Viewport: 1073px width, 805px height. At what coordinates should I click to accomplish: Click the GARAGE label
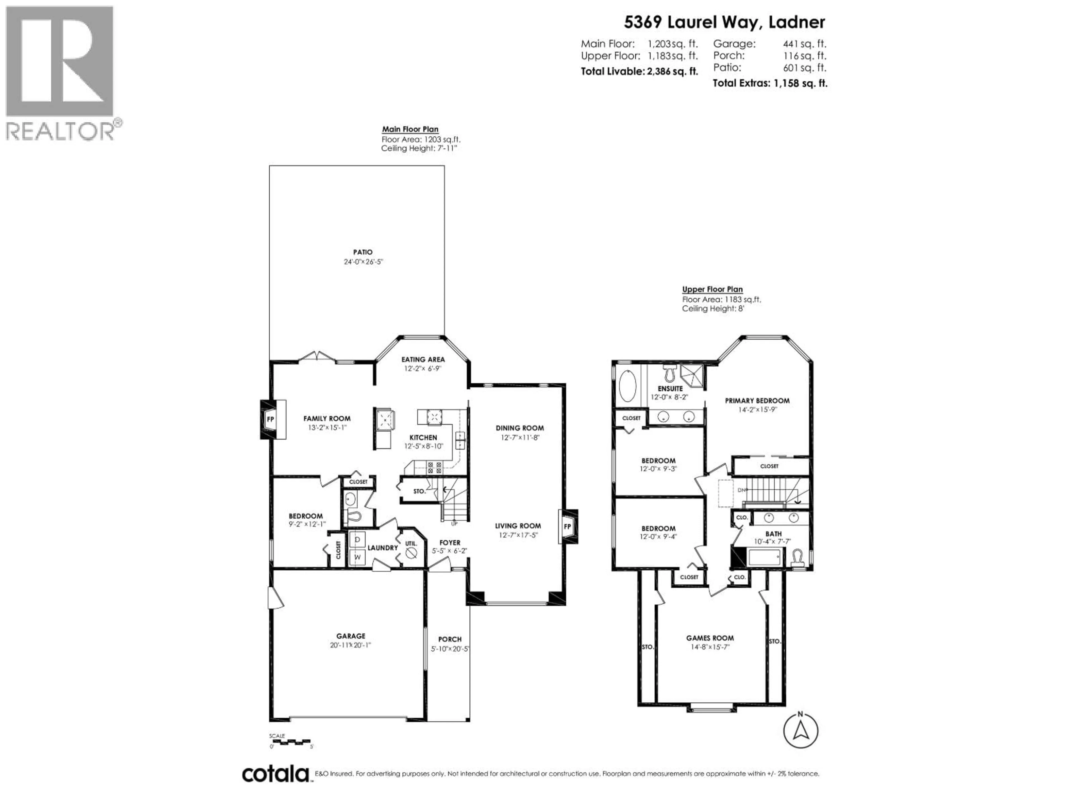pos(351,636)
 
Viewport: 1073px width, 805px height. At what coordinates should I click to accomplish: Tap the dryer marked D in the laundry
pos(357,539)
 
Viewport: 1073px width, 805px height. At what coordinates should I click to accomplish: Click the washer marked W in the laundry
pos(357,557)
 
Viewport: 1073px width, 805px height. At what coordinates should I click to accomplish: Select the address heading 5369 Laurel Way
pos(724,22)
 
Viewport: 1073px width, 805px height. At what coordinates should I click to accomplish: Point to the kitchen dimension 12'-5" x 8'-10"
pos(424,446)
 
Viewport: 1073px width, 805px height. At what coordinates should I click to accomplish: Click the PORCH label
pos(450,639)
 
